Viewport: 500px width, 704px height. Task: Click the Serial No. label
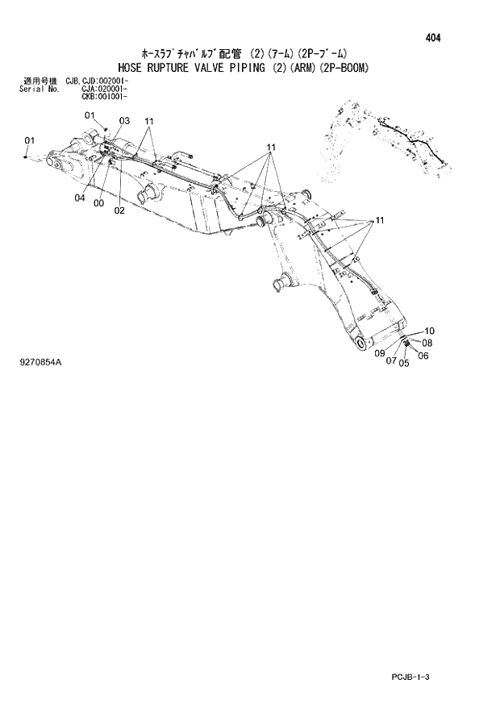(x=37, y=89)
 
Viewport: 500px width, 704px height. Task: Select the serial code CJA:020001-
(x=105, y=89)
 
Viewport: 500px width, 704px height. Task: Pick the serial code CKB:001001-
(x=105, y=96)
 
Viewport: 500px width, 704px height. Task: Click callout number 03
(x=124, y=121)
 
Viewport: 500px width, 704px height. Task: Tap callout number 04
(x=81, y=198)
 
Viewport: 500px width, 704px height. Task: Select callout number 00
(x=98, y=204)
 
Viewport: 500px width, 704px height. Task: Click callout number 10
(x=429, y=331)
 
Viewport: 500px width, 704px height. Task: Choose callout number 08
(x=427, y=343)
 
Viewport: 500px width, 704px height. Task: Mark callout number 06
(x=423, y=356)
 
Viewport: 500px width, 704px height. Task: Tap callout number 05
(x=404, y=362)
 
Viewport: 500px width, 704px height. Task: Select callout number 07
(x=391, y=361)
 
